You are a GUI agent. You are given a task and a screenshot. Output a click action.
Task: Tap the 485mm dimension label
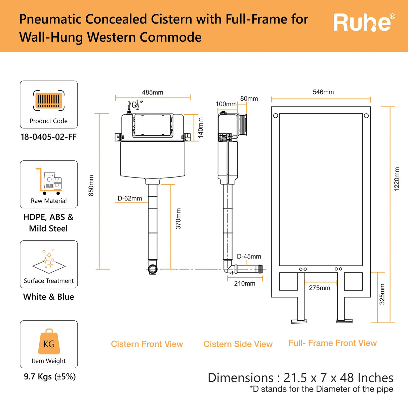(x=153, y=92)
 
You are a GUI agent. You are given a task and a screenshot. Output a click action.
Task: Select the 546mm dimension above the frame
(x=323, y=92)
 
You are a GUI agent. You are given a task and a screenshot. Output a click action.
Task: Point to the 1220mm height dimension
(x=397, y=179)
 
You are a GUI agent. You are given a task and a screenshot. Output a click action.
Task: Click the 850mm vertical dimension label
(x=91, y=186)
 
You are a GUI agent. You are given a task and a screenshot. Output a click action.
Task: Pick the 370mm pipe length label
(x=178, y=219)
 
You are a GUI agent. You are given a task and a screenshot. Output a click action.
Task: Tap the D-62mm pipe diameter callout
(x=130, y=199)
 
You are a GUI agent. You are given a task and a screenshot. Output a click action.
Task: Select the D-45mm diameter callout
(x=249, y=256)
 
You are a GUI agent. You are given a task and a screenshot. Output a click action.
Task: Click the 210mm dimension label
(x=245, y=284)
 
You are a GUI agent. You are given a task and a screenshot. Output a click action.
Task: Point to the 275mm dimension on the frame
(x=320, y=288)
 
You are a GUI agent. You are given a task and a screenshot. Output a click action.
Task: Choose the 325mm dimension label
(x=382, y=294)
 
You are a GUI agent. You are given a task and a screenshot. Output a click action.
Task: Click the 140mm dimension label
(x=201, y=127)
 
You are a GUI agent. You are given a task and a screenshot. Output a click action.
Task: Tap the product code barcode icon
(x=49, y=100)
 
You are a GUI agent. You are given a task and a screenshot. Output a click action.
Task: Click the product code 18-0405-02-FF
(x=49, y=137)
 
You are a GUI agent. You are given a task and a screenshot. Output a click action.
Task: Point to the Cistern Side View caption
(x=238, y=344)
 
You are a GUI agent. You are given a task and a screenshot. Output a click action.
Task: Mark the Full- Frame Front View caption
(x=333, y=343)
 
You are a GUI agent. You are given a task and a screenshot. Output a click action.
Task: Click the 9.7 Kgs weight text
(x=50, y=377)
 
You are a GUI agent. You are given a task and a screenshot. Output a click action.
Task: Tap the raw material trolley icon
(x=49, y=181)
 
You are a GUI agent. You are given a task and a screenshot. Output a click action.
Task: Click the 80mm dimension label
(x=249, y=99)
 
